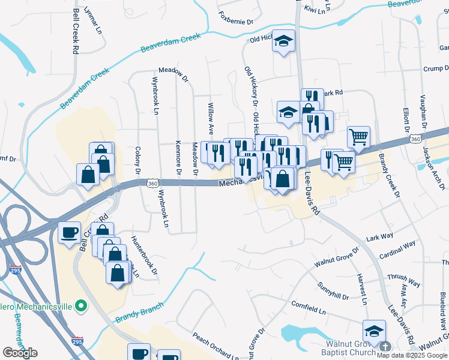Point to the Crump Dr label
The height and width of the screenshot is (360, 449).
pyautogui.click(x=437, y=68)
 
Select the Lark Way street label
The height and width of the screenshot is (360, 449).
pyautogui.click(x=379, y=238)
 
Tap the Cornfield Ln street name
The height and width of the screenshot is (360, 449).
pyautogui.click(x=309, y=309)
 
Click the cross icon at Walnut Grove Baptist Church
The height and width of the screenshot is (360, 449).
pyautogui.click(x=385, y=347)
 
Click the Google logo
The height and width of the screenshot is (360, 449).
pyautogui.click(x=20, y=352)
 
